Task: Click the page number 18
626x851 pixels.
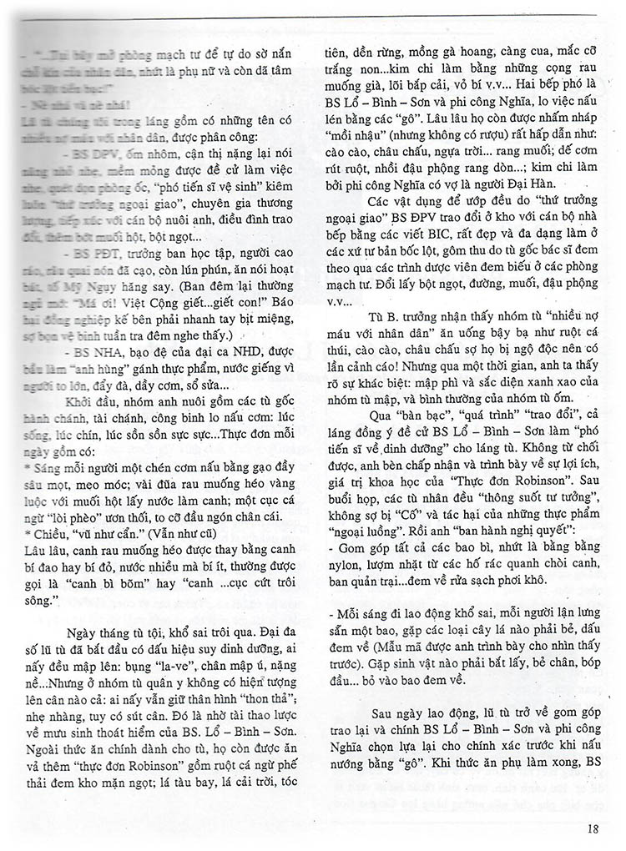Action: coord(593,828)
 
